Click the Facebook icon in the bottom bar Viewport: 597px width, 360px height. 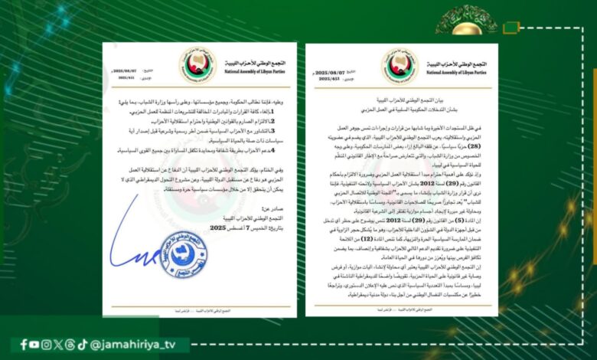tap(24, 345)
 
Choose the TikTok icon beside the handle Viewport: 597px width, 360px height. tap(81, 345)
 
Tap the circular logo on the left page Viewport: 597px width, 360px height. tap(197, 65)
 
